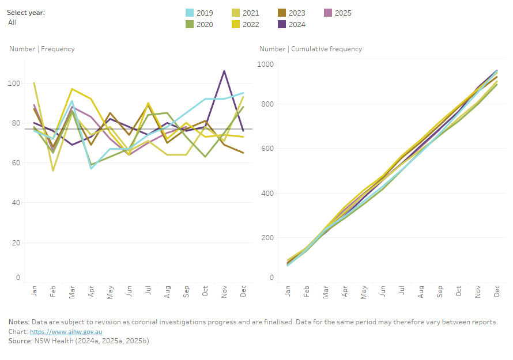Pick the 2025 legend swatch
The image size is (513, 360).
[327, 13]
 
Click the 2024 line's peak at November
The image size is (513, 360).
[224, 71]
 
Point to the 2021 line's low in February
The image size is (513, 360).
[53, 170]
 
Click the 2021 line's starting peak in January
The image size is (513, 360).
[35, 83]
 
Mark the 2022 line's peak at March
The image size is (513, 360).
[71, 89]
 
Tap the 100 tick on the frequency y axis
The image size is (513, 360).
[14, 83]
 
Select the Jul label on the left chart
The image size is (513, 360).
[148, 292]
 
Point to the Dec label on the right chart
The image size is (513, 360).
[497, 292]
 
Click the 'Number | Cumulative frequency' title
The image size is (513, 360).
[311, 49]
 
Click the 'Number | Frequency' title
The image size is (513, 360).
[42, 49]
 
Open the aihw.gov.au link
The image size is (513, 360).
[66, 332]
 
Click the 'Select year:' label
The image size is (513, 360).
[26, 13]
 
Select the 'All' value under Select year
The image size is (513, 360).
[13, 22]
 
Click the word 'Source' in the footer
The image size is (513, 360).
[20, 341]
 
